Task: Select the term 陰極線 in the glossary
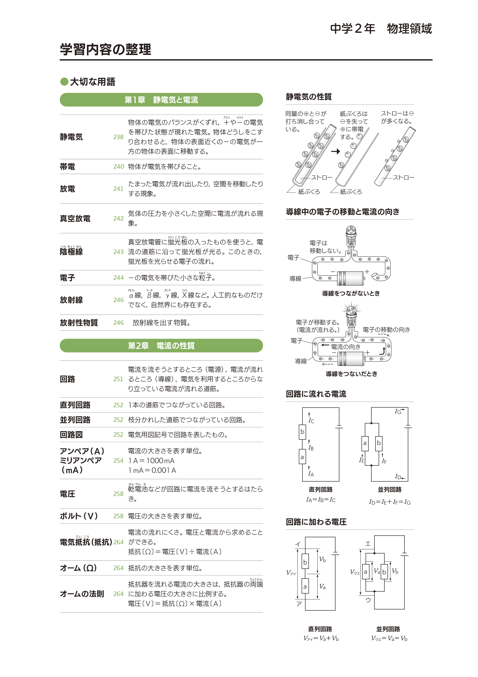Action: click(71, 251)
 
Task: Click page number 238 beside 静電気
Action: click(118, 137)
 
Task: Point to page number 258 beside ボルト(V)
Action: click(118, 516)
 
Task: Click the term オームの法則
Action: click(82, 594)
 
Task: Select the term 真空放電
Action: click(75, 218)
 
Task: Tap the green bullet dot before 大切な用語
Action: click(64, 82)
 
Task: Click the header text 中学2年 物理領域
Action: click(381, 29)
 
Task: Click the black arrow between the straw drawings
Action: click(335, 151)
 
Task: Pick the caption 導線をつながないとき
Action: click(351, 293)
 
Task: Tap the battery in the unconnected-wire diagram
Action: click(350, 278)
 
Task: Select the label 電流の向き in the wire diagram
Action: click(345, 347)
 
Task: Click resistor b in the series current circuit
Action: click(302, 432)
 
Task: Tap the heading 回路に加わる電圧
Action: click(316, 522)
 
